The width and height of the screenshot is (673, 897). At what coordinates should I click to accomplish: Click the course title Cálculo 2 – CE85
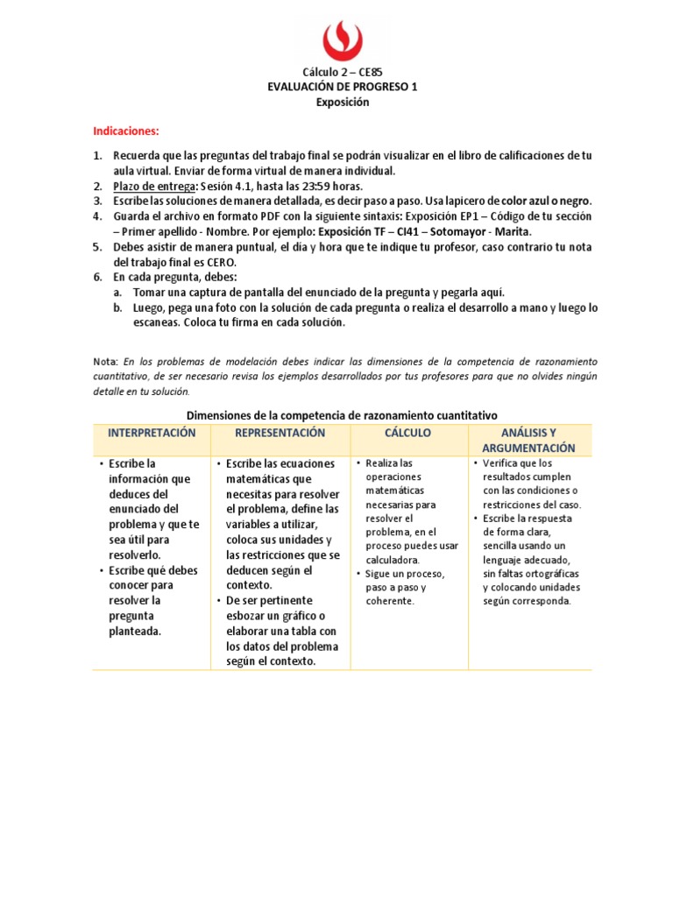(342, 73)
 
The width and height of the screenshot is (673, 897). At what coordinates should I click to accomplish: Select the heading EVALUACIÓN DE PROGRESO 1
(342, 88)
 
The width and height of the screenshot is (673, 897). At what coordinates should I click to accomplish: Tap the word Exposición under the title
(342, 102)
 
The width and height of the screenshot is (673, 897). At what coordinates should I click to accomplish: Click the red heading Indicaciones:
(126, 131)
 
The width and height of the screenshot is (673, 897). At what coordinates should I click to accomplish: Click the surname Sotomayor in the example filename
(457, 231)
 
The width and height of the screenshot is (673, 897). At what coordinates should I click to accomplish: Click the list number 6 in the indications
(97, 276)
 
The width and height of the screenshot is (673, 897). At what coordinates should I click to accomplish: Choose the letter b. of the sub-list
(117, 307)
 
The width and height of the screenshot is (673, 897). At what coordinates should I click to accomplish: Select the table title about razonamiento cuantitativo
(342, 415)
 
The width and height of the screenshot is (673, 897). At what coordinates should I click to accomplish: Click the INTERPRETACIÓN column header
(152, 434)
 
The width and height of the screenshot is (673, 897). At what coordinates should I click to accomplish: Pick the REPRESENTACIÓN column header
(280, 434)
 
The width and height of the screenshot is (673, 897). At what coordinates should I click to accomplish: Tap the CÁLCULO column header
(407, 434)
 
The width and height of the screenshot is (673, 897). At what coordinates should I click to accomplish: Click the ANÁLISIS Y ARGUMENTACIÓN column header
(528, 440)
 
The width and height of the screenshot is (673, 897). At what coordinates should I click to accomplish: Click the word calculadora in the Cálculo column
(393, 560)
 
